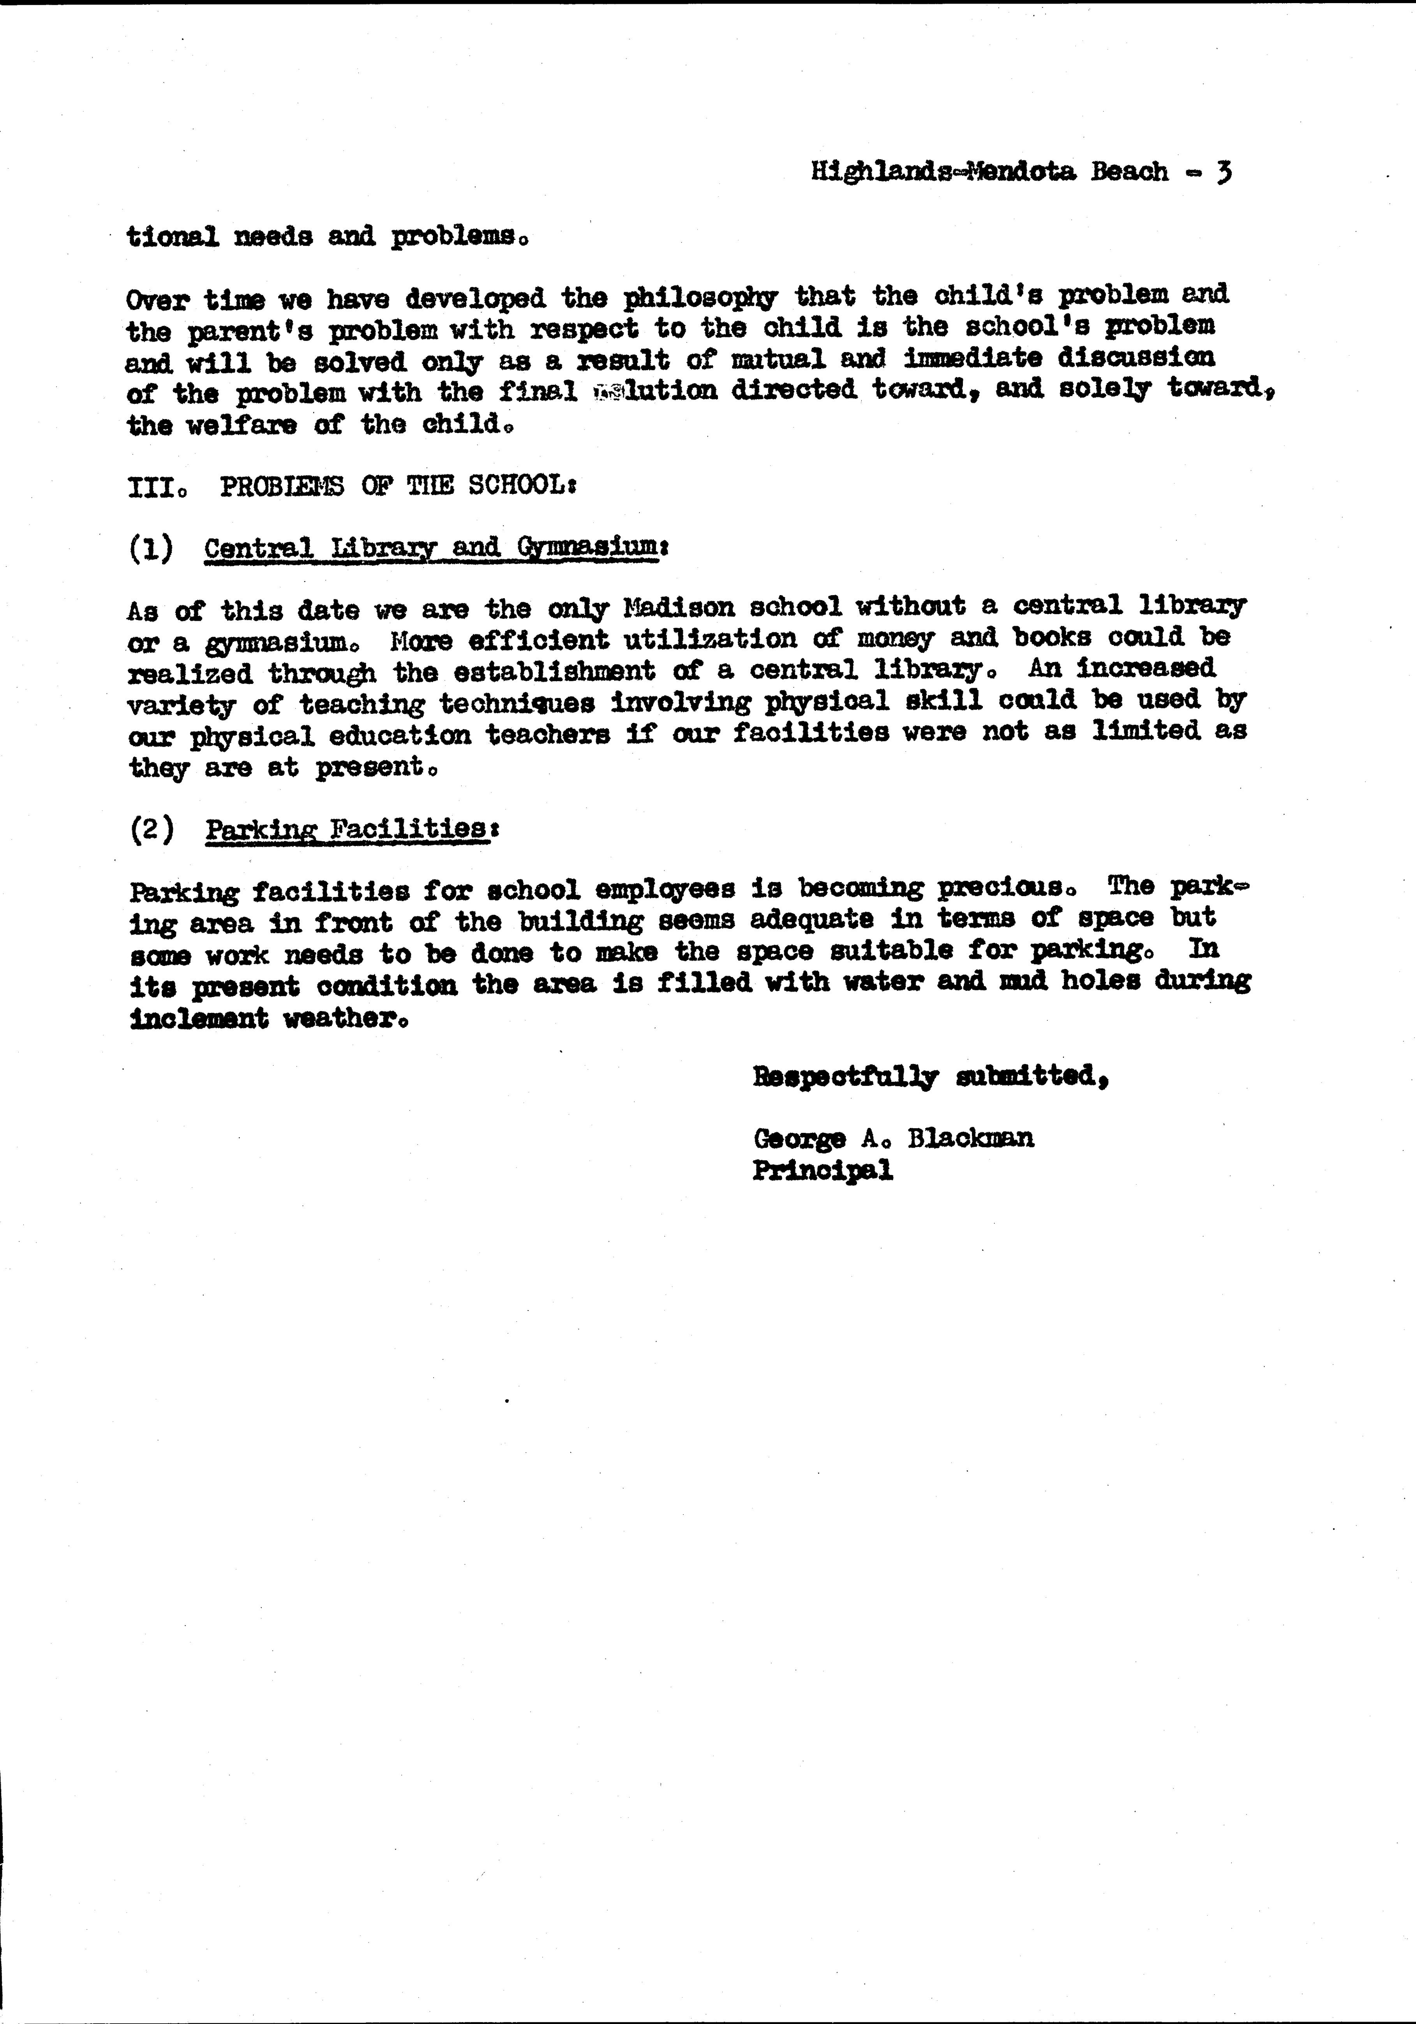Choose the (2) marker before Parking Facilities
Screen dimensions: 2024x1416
point(152,830)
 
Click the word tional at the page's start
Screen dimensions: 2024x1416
point(172,236)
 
